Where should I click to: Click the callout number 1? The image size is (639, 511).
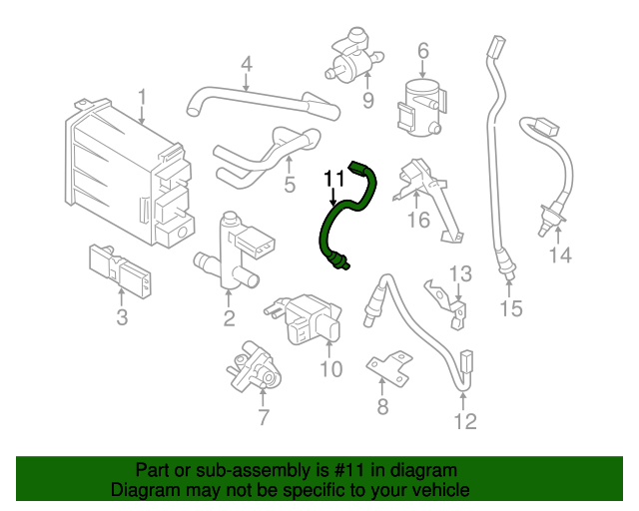tap(142, 97)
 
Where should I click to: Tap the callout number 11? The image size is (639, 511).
tap(333, 179)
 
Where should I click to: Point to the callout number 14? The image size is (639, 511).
tap(559, 255)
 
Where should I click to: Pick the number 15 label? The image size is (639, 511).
tap(510, 308)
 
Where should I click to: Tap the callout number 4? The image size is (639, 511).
tap(245, 67)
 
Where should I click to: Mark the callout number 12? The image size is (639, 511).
tap(465, 421)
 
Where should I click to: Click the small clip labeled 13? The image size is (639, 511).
tap(445, 298)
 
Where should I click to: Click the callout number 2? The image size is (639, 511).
tap(229, 318)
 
